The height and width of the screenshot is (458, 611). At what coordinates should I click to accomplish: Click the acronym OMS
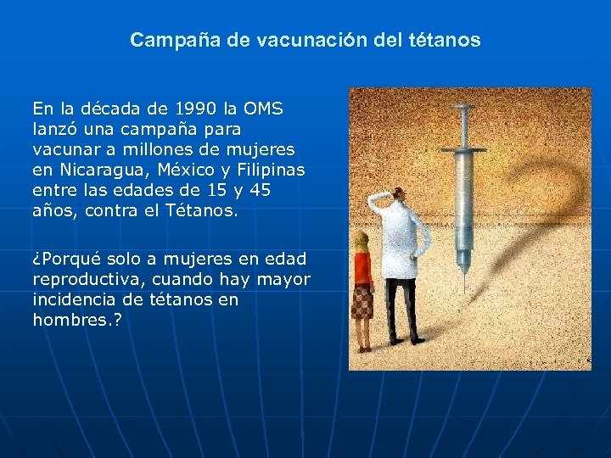click(263, 109)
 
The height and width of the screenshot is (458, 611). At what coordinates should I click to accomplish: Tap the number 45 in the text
click(260, 190)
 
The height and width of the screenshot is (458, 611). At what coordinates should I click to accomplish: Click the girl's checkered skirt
click(363, 302)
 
